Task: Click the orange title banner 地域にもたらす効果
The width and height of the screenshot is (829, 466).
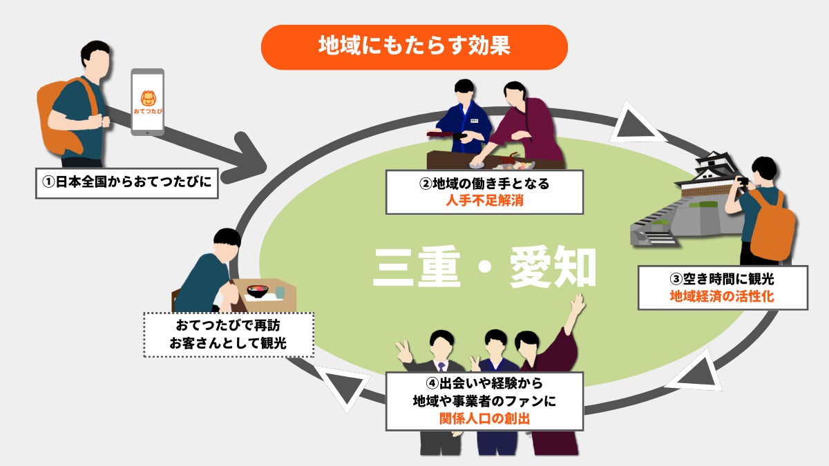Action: pyautogui.click(x=414, y=47)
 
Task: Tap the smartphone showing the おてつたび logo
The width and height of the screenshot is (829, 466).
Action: pyautogui.click(x=148, y=101)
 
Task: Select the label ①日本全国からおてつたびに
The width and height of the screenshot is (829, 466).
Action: pyautogui.click(x=126, y=183)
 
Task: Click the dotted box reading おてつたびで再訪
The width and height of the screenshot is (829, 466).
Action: pyautogui.click(x=228, y=334)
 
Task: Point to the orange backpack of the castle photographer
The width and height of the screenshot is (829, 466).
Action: pyautogui.click(x=772, y=224)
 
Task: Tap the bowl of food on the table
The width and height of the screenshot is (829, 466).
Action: pyautogui.click(x=258, y=291)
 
